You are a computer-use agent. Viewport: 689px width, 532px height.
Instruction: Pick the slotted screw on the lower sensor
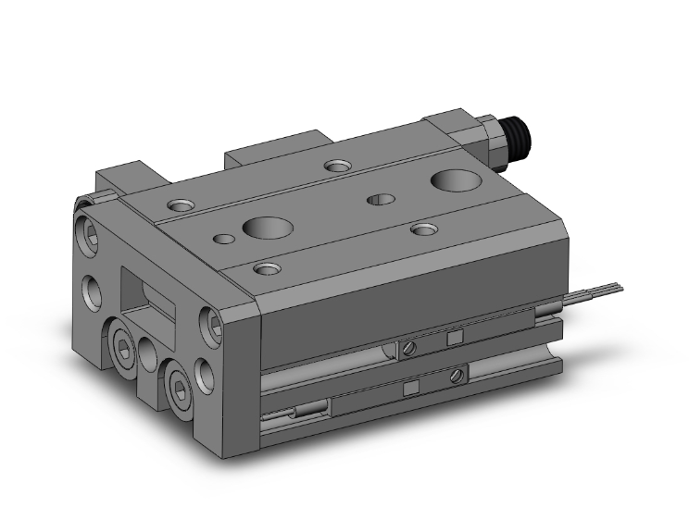455,376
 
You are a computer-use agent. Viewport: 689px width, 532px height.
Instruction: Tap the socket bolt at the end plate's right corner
212,322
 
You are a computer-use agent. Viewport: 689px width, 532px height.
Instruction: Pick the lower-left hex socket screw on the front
124,347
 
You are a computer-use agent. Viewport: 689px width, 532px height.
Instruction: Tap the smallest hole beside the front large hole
223,239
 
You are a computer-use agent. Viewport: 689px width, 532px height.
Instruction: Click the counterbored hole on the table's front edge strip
268,268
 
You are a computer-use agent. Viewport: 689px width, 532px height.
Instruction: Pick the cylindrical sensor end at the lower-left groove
301,412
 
